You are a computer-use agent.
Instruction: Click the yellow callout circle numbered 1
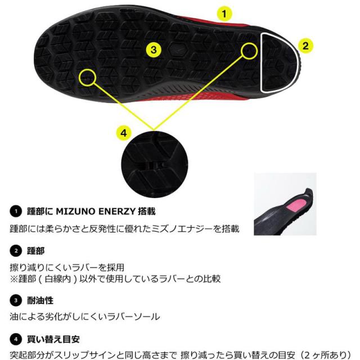[224, 13]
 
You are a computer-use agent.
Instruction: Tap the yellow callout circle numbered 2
[305, 46]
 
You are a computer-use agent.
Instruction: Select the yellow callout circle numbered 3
[154, 50]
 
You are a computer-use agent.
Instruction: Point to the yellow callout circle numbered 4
[124, 133]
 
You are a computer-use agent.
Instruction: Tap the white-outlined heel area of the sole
[281, 62]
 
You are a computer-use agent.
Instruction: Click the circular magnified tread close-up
[155, 164]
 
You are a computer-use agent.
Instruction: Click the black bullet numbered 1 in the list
[16, 211]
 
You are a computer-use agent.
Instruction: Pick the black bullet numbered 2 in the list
[16, 251]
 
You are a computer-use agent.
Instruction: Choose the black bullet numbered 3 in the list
[16, 300]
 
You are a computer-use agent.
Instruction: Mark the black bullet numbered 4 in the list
[16, 339]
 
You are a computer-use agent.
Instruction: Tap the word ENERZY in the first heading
[116, 211]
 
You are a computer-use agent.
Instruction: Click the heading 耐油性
[40, 300]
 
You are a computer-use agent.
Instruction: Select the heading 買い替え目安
[53, 339]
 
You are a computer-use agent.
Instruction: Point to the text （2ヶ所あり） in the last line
[325, 355]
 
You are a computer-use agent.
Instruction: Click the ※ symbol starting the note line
[13, 279]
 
